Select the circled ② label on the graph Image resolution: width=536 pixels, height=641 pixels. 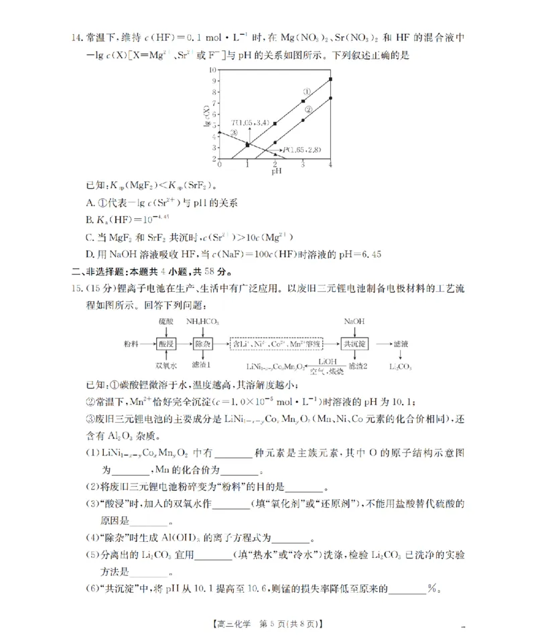(x=308, y=109)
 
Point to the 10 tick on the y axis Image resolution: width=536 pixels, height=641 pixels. (x=213, y=69)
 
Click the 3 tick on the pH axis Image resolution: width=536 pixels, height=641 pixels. (x=303, y=164)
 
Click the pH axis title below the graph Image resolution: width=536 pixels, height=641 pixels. (x=275, y=171)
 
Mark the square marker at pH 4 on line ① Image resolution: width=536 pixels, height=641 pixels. (x=330, y=80)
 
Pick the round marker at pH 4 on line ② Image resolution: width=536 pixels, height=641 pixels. (x=330, y=98)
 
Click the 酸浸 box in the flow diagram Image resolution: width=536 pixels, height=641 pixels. (x=166, y=343)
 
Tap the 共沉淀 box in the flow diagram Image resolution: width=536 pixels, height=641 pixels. (x=354, y=343)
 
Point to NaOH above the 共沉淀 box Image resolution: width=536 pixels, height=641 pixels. (x=354, y=322)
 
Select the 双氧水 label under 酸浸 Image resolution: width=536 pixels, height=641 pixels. (x=166, y=366)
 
